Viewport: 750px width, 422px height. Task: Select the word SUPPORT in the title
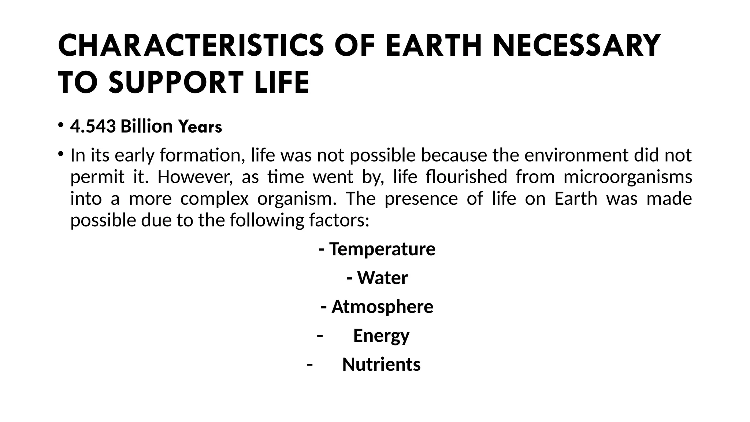click(x=176, y=82)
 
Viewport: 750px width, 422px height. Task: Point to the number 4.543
click(x=93, y=126)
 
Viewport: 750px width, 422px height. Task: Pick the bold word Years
click(x=200, y=127)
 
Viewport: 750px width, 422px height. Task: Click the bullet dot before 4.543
click(x=61, y=125)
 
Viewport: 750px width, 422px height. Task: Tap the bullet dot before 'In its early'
click(x=61, y=153)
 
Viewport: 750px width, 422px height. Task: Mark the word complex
click(x=214, y=199)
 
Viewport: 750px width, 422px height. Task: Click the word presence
click(x=421, y=199)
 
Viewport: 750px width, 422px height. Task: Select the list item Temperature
click(x=382, y=249)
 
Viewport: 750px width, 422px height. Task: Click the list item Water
click(x=382, y=278)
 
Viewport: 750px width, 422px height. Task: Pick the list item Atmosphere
click(x=382, y=307)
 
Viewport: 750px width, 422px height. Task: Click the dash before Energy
click(x=320, y=336)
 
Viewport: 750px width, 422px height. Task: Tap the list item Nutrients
click(x=381, y=364)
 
